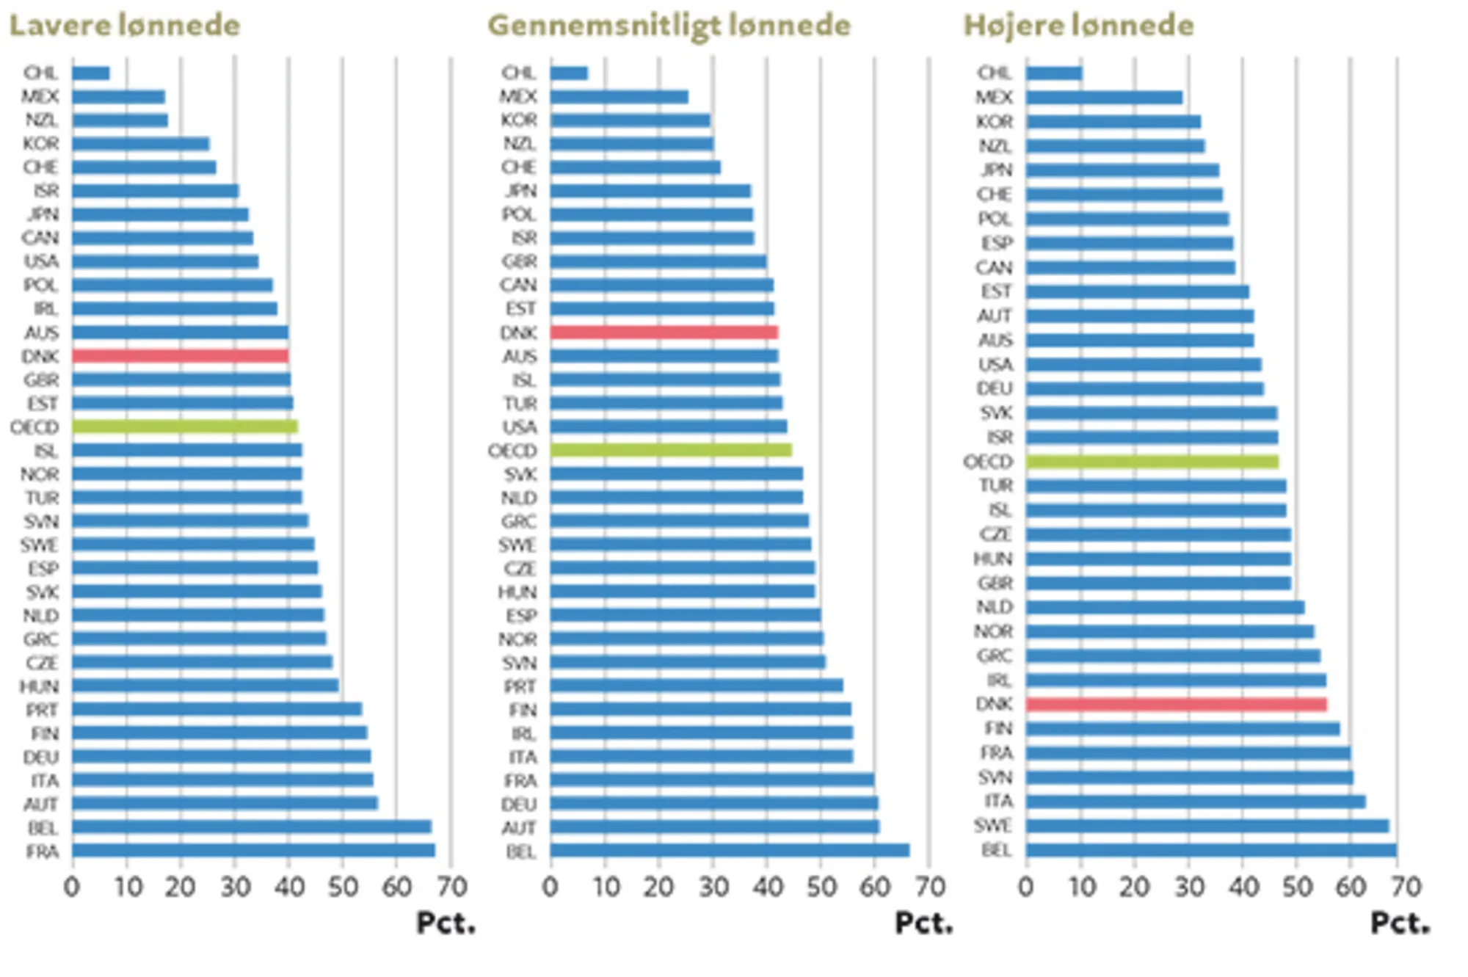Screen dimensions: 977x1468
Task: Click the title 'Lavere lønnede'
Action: pos(124,26)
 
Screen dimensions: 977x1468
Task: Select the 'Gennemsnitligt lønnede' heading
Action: pos(669,26)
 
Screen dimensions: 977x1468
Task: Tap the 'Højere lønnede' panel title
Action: pos(1078,26)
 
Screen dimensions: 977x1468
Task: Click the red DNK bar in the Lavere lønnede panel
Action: pos(180,356)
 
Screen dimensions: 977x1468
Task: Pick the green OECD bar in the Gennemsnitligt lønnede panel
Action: pos(670,450)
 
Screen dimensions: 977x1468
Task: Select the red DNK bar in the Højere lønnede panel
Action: pos(1176,705)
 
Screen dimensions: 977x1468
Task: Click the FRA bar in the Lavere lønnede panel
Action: pos(253,851)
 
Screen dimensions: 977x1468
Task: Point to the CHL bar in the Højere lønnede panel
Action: pos(1054,73)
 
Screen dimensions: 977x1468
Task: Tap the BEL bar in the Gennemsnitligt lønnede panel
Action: pos(730,851)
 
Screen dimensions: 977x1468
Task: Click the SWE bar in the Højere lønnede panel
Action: pos(1207,827)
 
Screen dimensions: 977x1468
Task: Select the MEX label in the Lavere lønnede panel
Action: pos(40,97)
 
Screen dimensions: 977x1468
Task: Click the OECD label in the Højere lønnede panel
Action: pos(988,462)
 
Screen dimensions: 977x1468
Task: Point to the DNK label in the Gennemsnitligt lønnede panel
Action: pos(518,333)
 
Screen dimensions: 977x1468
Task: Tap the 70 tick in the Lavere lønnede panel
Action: pos(451,887)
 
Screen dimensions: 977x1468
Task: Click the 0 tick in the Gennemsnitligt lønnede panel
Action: pos(550,887)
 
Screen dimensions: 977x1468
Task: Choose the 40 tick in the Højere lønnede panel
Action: pos(1243,887)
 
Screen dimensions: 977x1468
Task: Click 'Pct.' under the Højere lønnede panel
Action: pos(1400,923)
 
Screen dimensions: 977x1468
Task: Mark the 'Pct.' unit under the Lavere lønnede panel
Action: pos(446,923)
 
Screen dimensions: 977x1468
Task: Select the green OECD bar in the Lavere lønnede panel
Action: pos(185,426)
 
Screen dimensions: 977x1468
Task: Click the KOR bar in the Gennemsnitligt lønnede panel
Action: pos(630,120)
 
